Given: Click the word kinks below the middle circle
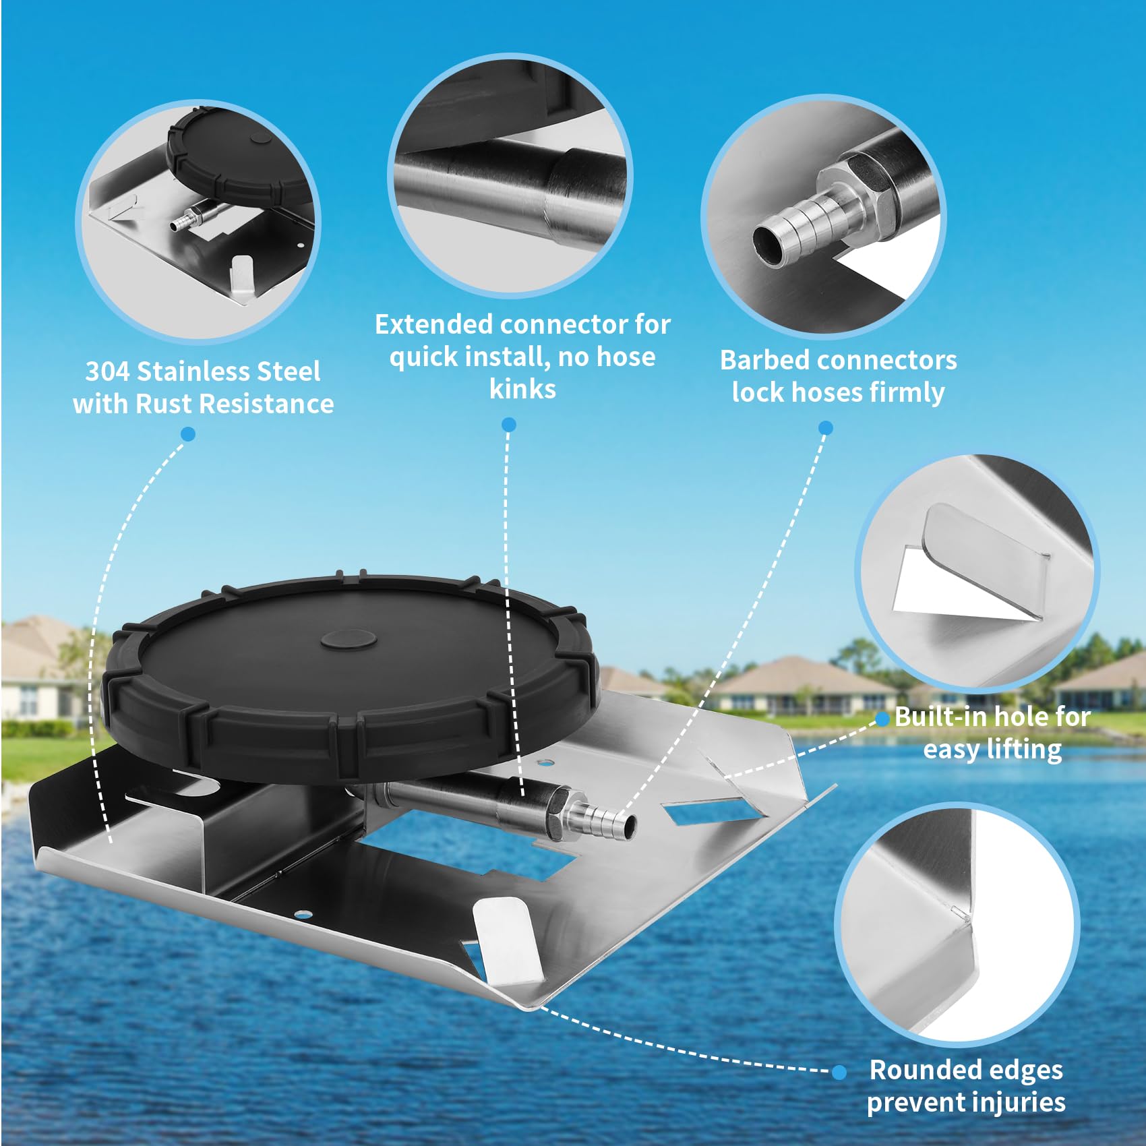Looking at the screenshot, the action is click(522, 389).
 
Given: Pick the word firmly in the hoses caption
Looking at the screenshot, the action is click(907, 392).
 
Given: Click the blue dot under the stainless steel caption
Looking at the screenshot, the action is click(189, 434).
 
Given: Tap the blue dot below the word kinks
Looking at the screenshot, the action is click(509, 425).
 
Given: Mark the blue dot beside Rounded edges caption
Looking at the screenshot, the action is click(839, 1072).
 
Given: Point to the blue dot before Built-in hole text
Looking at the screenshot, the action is click(882, 719).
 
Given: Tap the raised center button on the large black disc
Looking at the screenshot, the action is click(349, 640).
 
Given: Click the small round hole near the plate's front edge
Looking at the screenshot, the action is click(304, 915).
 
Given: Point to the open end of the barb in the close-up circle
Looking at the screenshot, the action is click(769, 246).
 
